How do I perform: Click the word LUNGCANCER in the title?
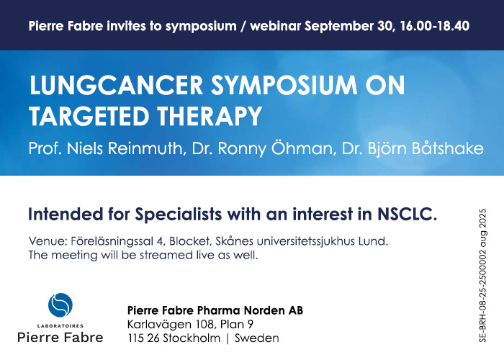116,86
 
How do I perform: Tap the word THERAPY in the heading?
210,116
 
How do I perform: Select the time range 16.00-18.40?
435,26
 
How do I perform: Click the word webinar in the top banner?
276,26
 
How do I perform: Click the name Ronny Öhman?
275,148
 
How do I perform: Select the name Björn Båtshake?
426,148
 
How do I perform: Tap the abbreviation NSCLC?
408,214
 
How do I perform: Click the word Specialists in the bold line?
179,215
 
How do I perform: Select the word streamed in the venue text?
166,255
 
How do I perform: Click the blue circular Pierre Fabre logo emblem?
60,305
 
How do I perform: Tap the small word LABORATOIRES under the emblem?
60,326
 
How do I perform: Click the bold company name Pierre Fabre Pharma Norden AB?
215,310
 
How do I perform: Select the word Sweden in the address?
257,338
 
